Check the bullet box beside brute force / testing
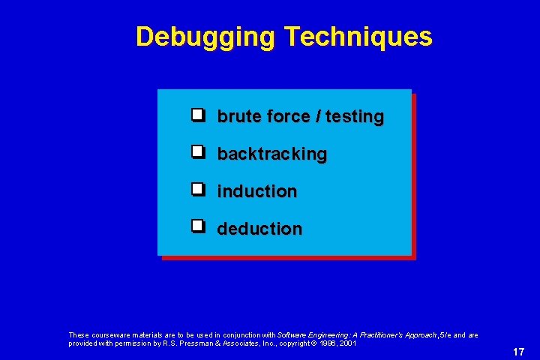[x=197, y=115]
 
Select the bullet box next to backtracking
[x=197, y=152]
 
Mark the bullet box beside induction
[x=197, y=189]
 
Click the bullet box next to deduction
[x=197, y=226]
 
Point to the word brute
[x=235, y=117]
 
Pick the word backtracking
[x=272, y=154]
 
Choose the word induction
[x=257, y=191]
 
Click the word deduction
[x=259, y=228]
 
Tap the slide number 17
[x=518, y=352]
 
